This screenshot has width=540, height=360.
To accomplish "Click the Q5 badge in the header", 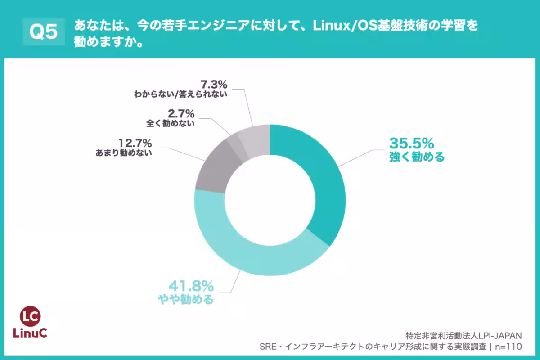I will (x=44, y=32).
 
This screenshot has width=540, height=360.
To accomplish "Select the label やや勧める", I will (x=185, y=299).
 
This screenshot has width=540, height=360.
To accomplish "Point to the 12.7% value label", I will (x=135, y=143).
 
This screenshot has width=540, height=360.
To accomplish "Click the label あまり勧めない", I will (x=124, y=153).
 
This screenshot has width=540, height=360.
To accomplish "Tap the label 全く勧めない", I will (x=171, y=123).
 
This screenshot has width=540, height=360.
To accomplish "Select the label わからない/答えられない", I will (x=180, y=94).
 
